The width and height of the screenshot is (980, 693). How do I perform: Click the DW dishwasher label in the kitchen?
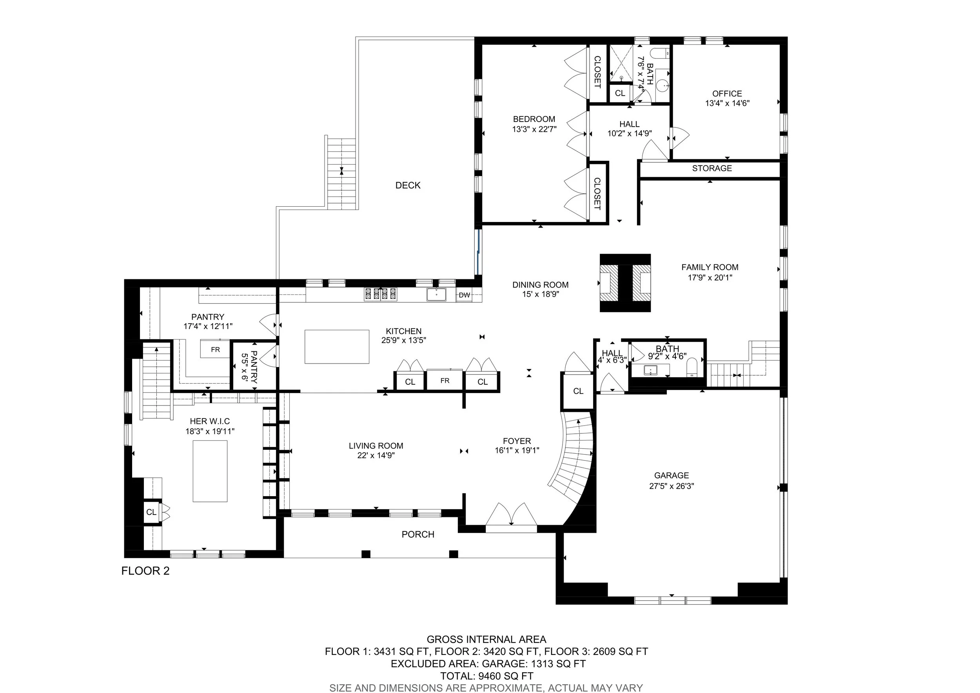pos(465,295)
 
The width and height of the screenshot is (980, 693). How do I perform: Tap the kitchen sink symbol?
pos(436,295)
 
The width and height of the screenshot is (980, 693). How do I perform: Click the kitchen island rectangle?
pos(337,347)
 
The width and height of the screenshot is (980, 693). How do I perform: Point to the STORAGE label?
pos(712,168)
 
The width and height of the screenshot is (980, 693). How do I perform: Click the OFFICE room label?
pos(727,93)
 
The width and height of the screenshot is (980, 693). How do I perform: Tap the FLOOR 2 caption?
pos(145,571)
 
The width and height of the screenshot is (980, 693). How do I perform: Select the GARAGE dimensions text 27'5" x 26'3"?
pos(671,486)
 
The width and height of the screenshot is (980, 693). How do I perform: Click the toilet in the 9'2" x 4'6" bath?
pos(692,367)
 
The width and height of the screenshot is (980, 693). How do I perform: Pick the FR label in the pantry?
pos(215,350)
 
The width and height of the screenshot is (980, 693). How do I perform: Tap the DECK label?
pos(408,186)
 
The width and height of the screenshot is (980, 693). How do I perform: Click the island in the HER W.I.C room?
pos(210,471)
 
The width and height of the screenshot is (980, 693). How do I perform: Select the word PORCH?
pos(418,534)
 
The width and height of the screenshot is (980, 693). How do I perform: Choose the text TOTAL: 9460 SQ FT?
pos(486,676)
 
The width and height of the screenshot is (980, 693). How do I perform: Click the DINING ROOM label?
pos(540,285)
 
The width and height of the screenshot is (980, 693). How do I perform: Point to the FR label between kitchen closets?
pos(445,380)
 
